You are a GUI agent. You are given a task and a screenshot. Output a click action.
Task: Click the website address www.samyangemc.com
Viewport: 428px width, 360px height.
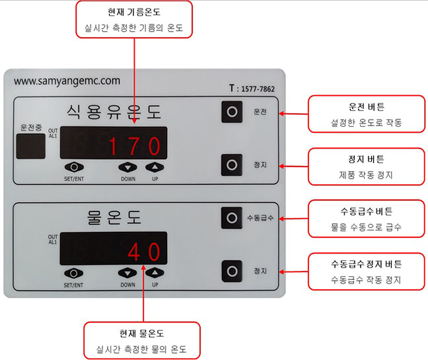67,81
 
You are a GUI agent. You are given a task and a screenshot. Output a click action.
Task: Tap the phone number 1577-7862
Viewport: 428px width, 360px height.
258,89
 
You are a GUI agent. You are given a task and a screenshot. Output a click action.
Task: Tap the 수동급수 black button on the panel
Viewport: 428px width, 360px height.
232,218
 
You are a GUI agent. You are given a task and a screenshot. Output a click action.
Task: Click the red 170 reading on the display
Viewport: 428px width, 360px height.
135,146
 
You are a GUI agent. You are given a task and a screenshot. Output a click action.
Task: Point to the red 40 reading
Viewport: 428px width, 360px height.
144,252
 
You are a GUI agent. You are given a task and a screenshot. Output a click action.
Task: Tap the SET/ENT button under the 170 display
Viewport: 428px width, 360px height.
74,167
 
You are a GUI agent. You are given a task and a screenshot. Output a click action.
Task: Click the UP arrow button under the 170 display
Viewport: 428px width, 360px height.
155,167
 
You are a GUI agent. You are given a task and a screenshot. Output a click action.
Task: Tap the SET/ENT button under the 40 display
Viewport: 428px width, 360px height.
73,273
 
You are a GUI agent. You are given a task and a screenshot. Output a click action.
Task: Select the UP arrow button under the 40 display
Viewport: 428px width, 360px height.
155,273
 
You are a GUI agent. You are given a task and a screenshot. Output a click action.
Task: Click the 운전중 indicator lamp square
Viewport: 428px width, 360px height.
31,146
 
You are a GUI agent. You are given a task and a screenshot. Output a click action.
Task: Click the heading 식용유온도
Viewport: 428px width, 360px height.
114,112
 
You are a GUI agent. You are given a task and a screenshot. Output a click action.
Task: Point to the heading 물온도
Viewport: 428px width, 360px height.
114,217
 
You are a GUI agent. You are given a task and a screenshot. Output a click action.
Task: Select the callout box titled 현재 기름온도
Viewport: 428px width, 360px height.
134,19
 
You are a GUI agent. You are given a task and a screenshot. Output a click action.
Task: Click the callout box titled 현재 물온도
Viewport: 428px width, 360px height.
141,341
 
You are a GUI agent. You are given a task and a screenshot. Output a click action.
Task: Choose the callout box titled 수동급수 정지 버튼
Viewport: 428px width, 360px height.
367,271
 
